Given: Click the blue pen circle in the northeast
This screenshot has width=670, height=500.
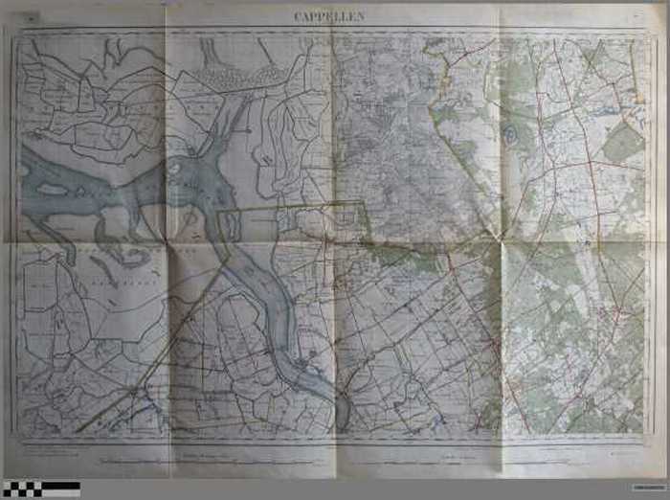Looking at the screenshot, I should pos(510,135).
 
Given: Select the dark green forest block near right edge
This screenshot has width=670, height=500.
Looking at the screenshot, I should pos(623,145).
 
